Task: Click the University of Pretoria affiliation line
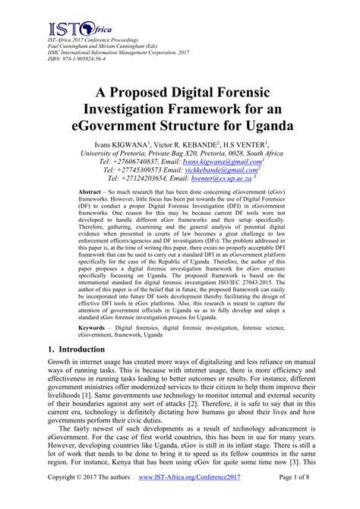click(180, 153)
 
